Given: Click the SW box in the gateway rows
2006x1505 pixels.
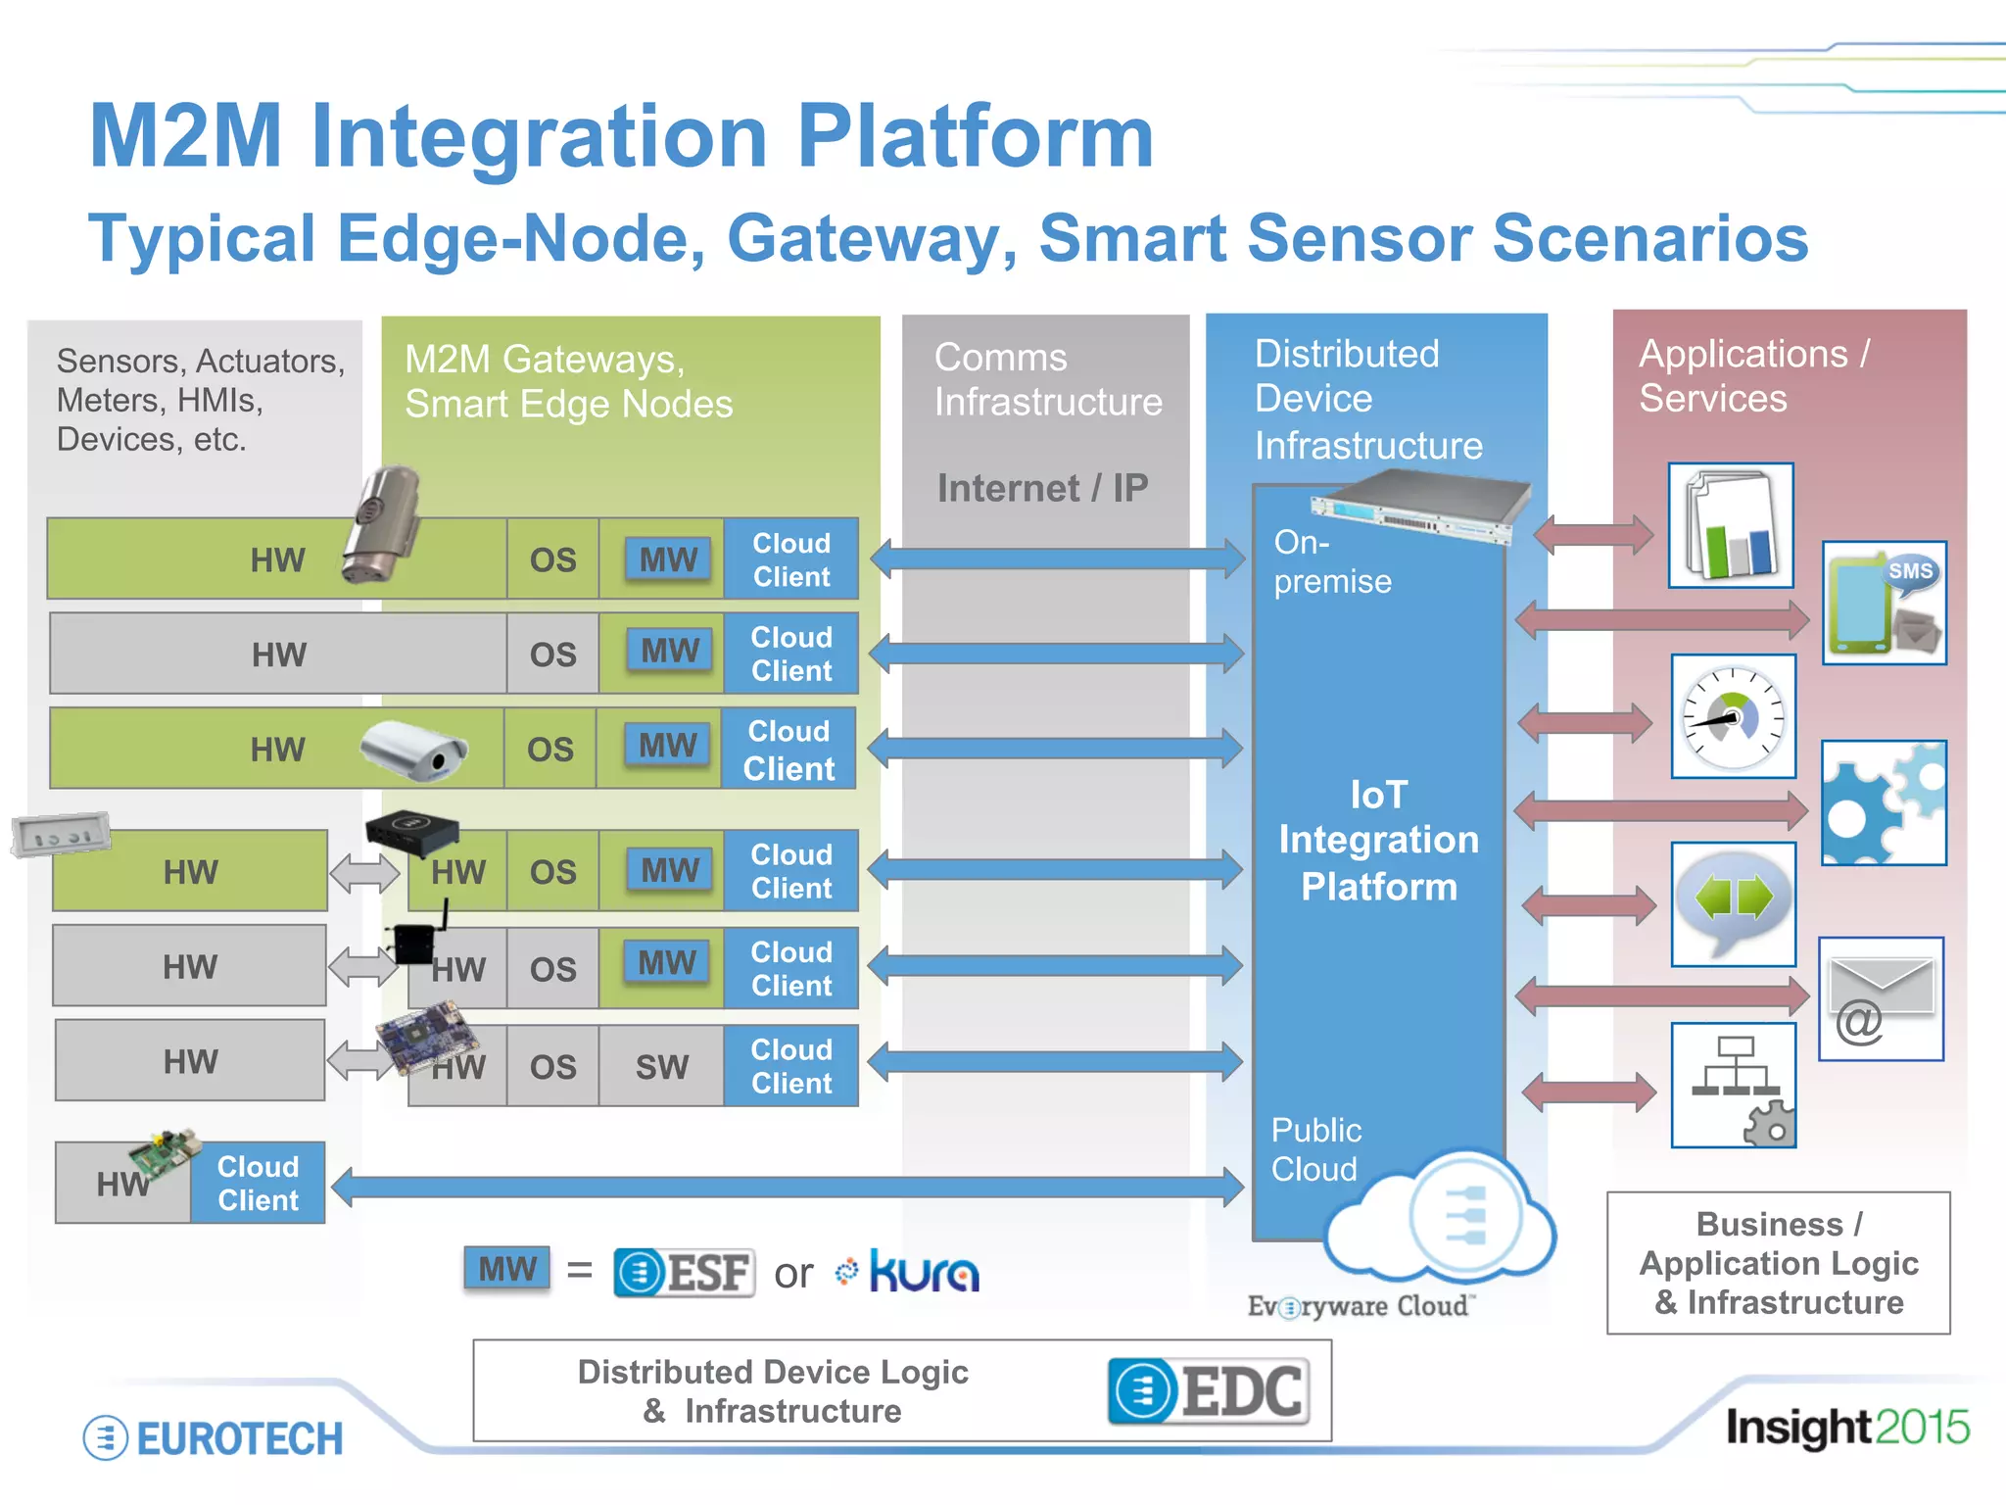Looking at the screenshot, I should coord(661,1066).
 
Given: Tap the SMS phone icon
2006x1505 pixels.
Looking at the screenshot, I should coord(1884,604).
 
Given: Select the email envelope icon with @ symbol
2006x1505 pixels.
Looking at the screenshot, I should coord(1881,999).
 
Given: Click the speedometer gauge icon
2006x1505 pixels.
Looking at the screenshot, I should coord(1733,716).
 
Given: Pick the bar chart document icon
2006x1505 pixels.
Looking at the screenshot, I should coord(1731,526).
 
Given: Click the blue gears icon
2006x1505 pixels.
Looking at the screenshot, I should coord(1884,803).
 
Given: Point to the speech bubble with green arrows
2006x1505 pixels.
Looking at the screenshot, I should coord(1733,903).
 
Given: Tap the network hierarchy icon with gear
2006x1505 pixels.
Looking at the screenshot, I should coord(1733,1086).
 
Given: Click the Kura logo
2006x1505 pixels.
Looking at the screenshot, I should coord(909,1272).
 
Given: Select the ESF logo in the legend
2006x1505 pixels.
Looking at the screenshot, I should coord(684,1273).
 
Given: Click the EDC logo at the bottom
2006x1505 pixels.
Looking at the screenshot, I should coord(1209,1390).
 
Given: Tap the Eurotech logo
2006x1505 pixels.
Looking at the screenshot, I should coord(214,1438).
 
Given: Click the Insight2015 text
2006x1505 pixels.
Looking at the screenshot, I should coord(1846,1428).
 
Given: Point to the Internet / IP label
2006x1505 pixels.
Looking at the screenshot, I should coord(1042,488).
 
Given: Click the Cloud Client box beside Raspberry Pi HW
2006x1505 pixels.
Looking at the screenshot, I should coord(258,1183).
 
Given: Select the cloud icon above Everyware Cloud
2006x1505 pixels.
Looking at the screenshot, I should coord(1440,1220).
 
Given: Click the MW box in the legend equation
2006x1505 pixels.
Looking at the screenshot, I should coord(507,1270).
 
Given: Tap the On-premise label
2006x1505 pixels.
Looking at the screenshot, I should coord(1331,561).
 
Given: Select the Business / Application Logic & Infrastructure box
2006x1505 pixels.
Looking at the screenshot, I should coord(1778,1263).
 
